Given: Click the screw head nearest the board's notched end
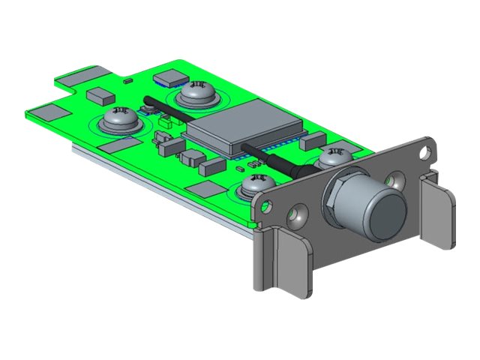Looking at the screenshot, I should pos(118,118).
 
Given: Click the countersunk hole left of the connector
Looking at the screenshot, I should pos(299,216).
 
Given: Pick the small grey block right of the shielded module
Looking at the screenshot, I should pos(315,138).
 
